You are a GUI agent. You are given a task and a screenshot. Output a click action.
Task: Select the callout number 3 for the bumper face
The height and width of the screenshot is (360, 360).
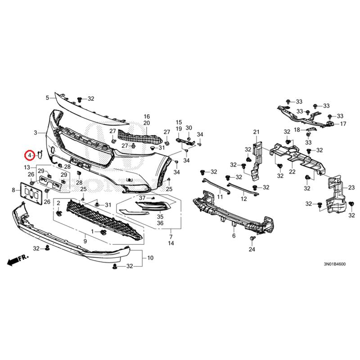tap(36, 133)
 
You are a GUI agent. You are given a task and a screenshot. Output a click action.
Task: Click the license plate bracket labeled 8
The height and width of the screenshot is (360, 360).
tap(31, 193)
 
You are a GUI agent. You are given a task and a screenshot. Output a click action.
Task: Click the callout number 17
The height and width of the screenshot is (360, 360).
tap(343, 124)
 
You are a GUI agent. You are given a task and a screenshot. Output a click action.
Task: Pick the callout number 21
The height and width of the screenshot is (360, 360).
tap(256, 132)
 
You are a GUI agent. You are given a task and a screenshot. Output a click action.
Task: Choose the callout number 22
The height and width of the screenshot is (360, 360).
tap(292, 171)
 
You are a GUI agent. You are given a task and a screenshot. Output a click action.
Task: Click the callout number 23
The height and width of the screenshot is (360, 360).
tap(352, 187)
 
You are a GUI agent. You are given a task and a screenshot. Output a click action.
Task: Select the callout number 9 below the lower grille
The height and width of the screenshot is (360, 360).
tap(85, 242)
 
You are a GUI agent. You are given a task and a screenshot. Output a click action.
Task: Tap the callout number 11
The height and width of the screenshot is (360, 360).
tap(220, 197)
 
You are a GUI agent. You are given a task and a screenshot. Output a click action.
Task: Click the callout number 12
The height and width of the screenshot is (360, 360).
tap(243, 198)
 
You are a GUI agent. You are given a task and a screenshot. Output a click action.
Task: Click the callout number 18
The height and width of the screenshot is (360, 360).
tap(297, 130)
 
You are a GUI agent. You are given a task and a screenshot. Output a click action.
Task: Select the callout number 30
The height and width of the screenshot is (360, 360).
tap(189, 128)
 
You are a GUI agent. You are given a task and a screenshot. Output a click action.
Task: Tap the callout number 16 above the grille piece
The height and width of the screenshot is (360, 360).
tap(147, 116)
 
